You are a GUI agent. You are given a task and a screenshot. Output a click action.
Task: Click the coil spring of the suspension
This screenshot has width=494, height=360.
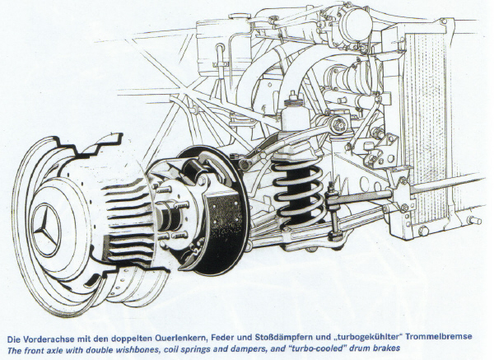298,194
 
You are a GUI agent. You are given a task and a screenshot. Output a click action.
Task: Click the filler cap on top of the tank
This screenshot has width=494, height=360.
240,16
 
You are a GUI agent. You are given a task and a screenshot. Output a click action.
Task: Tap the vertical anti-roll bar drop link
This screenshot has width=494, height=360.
333,211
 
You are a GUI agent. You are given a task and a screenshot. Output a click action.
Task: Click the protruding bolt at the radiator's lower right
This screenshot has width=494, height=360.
474,220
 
